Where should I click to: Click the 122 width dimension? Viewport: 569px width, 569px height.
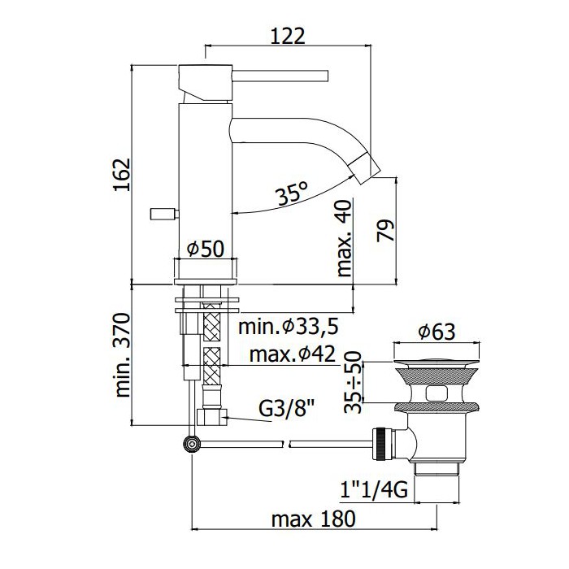coord(288,36)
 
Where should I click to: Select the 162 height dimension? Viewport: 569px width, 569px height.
coord(122,175)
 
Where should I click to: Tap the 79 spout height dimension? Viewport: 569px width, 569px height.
coord(385,230)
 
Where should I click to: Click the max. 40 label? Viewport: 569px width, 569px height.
coord(345,238)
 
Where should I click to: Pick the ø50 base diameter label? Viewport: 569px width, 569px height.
coord(206,249)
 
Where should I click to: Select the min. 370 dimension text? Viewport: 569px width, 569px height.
coord(122,355)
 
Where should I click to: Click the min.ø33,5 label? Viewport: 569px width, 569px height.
coord(289,326)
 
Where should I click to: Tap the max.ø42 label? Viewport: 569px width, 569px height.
coord(293,354)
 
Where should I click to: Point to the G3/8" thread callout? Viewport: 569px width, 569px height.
coord(287,410)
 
